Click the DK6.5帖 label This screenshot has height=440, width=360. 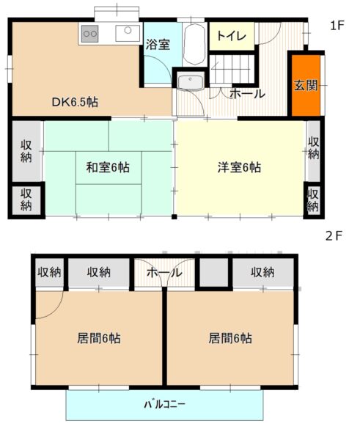pos(75,102)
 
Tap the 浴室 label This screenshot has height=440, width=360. pos(158,44)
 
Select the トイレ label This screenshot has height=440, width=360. pos(232,36)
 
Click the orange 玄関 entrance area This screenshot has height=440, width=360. pos(306,85)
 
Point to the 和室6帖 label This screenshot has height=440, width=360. pos(108,167)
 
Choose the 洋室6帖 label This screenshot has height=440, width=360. pos(239,167)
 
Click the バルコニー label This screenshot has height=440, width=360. pos(165,404)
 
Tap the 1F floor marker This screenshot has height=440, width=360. pos(337,26)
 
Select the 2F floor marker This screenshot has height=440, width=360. pos(334,236)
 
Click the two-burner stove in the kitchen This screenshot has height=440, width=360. pos(89,34)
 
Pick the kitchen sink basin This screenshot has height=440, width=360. pos(128,34)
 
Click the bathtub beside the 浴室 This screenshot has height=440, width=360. pos(194,44)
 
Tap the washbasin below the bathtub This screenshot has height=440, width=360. pos(191,82)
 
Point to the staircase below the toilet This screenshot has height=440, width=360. pos(232,69)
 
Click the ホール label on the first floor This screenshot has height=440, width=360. pos(247,94)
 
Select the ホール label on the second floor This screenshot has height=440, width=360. pos(164,272)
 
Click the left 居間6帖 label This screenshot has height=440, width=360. pos(99,338)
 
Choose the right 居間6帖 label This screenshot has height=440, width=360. pos(230,338)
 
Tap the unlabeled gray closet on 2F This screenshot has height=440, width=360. pos(214,272)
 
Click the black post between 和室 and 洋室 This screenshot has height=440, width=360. pos(175,216)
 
